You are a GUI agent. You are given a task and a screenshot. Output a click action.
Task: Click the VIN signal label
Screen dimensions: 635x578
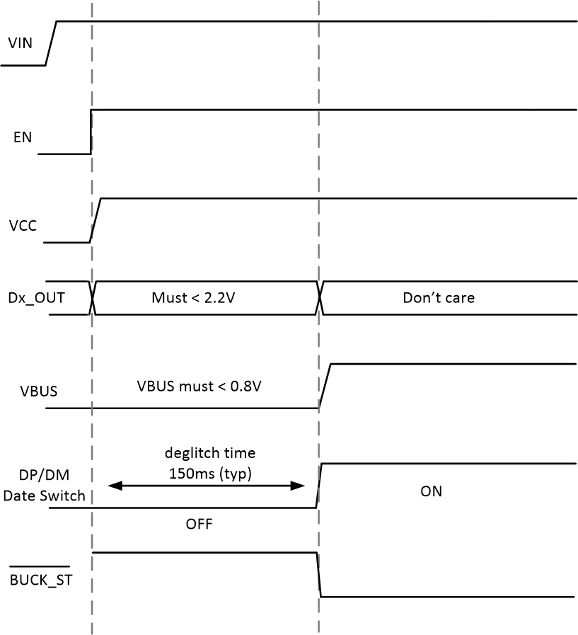click(20, 42)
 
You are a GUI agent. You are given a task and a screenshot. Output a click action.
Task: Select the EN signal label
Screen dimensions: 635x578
click(23, 137)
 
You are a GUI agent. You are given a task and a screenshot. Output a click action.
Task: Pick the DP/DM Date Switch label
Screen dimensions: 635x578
click(44, 486)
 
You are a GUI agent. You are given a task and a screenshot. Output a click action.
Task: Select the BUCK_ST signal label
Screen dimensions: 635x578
click(40, 581)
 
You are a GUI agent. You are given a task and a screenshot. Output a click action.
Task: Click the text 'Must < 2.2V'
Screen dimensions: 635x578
click(193, 297)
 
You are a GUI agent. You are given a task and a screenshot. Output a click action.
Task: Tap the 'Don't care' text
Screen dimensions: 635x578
click(439, 297)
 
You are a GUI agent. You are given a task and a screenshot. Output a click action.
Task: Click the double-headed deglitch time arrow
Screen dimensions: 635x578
click(205, 486)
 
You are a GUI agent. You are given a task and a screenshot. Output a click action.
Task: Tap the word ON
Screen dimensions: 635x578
click(431, 491)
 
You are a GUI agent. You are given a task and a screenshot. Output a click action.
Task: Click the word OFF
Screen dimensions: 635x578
click(199, 525)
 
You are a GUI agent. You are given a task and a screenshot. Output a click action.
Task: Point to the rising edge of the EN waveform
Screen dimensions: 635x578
click(91, 132)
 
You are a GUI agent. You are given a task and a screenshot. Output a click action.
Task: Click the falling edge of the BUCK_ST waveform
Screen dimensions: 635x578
click(318, 574)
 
